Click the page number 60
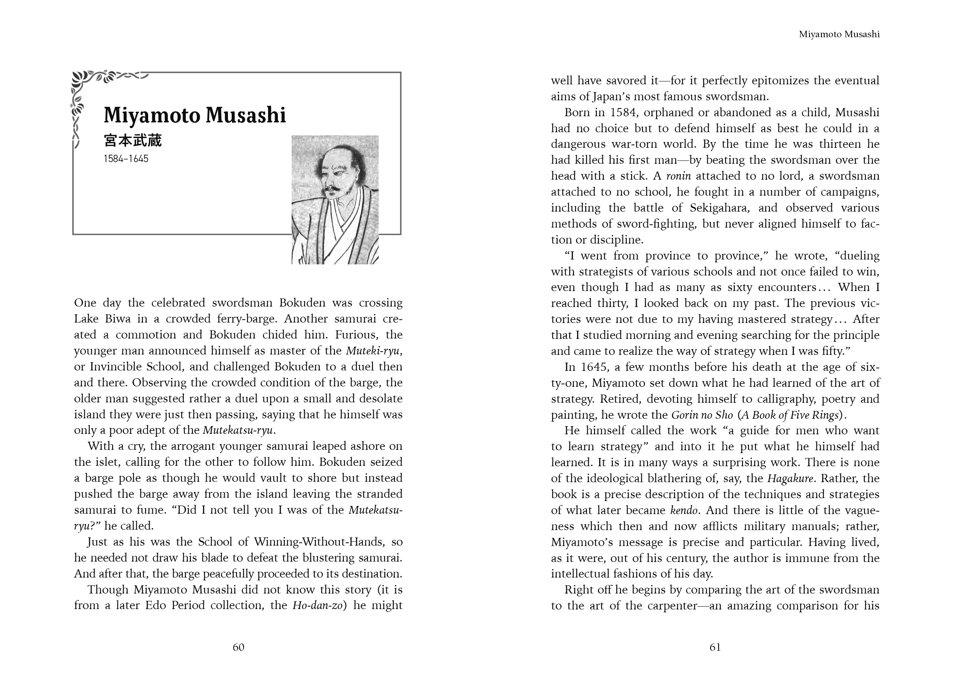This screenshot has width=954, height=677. (x=238, y=647)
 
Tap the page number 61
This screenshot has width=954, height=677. (x=715, y=647)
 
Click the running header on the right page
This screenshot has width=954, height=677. (x=839, y=35)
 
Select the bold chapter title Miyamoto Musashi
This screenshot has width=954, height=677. (x=195, y=115)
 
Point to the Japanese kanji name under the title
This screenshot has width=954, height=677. (x=133, y=141)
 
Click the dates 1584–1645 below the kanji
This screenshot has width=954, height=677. (x=126, y=159)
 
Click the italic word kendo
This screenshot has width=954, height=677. (x=683, y=510)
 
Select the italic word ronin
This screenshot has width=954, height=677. (x=679, y=176)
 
